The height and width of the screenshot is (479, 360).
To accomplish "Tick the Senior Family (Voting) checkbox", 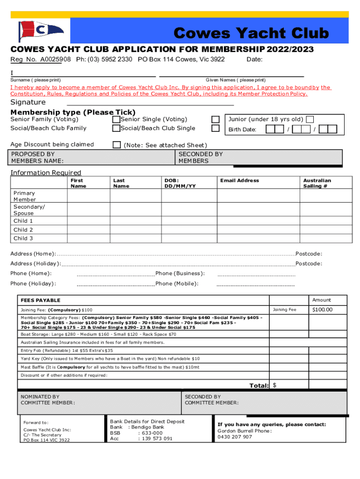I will coord(116,120).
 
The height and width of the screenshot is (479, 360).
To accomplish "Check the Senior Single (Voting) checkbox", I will coord(215,120).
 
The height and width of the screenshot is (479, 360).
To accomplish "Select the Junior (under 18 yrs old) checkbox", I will coord(310,120).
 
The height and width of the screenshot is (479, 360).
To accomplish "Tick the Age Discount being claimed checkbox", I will coord(116,145).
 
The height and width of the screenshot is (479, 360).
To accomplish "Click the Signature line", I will coord(150,103).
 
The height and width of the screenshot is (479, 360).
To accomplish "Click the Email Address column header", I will coord(239,181).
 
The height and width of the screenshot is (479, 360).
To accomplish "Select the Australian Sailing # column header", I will coord(317,183).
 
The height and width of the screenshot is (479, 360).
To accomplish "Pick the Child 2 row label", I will coord(23,230).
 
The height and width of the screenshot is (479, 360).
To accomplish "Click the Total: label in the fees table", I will coord(259,385).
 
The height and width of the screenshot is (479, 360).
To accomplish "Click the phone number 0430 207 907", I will coord(235,437).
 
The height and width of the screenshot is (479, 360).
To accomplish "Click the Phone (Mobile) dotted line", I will coord(255,284).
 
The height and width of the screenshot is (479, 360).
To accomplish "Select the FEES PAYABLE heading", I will coord(41,300).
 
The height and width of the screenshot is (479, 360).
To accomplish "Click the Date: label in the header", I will coord(254,59).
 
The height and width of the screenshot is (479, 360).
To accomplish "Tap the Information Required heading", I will coord(46,173).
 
